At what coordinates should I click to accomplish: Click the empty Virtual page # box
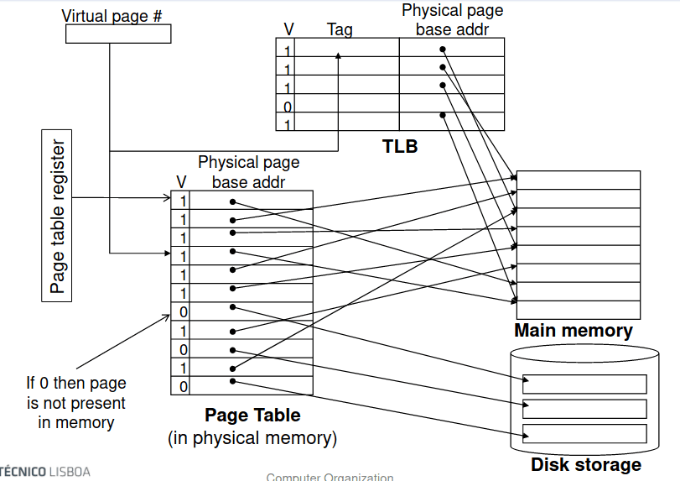click(x=117, y=34)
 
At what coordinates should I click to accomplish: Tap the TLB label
click(x=400, y=146)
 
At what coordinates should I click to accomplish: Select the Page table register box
click(x=57, y=216)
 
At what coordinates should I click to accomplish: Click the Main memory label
click(x=573, y=330)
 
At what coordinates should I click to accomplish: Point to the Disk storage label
click(x=585, y=464)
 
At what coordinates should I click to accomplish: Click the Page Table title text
click(x=252, y=415)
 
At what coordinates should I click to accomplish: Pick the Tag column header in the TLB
click(x=340, y=29)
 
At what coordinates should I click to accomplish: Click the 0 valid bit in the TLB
click(x=287, y=107)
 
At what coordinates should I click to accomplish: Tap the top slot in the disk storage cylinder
click(x=584, y=384)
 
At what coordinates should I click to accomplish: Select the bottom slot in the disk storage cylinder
click(x=584, y=433)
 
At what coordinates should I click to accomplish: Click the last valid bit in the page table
click(x=184, y=386)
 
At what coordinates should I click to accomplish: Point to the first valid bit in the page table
click(x=184, y=201)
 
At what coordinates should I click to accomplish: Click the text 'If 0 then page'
click(x=75, y=384)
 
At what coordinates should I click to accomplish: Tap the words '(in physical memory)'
click(x=252, y=437)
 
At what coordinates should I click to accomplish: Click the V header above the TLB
click(x=288, y=29)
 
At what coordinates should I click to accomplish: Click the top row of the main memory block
click(x=579, y=180)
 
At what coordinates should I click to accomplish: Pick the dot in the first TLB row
click(x=443, y=50)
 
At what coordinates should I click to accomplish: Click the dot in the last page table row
click(x=232, y=381)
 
